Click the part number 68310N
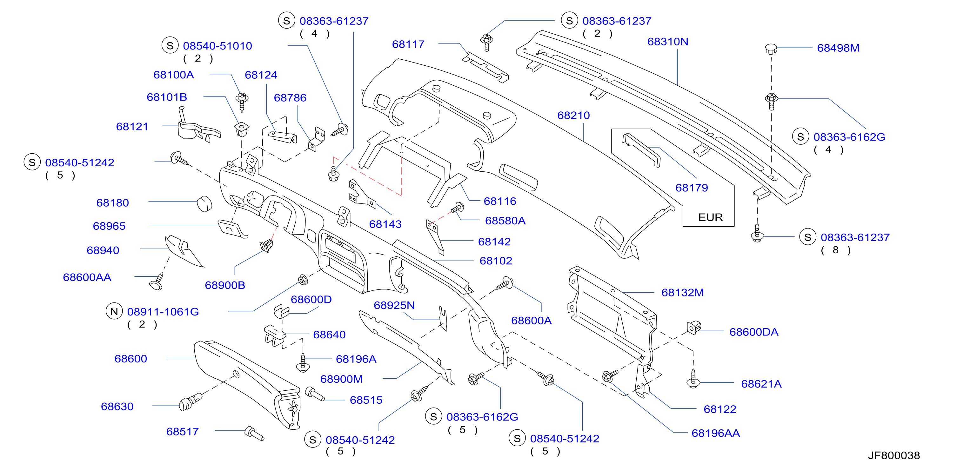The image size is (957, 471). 668,42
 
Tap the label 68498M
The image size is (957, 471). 838,48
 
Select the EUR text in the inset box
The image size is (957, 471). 710,217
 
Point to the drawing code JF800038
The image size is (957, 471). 894,455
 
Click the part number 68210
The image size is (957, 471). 573,115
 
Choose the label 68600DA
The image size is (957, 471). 753,332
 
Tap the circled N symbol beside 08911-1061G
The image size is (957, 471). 114,311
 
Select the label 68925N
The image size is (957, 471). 394,305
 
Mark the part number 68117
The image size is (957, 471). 408,44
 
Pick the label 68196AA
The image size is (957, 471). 715,433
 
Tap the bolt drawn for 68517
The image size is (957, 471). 254,434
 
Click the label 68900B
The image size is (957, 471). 225,285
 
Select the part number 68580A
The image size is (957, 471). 505,221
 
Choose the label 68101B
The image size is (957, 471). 167,97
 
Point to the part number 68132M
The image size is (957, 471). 682,293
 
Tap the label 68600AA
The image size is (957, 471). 87,277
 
